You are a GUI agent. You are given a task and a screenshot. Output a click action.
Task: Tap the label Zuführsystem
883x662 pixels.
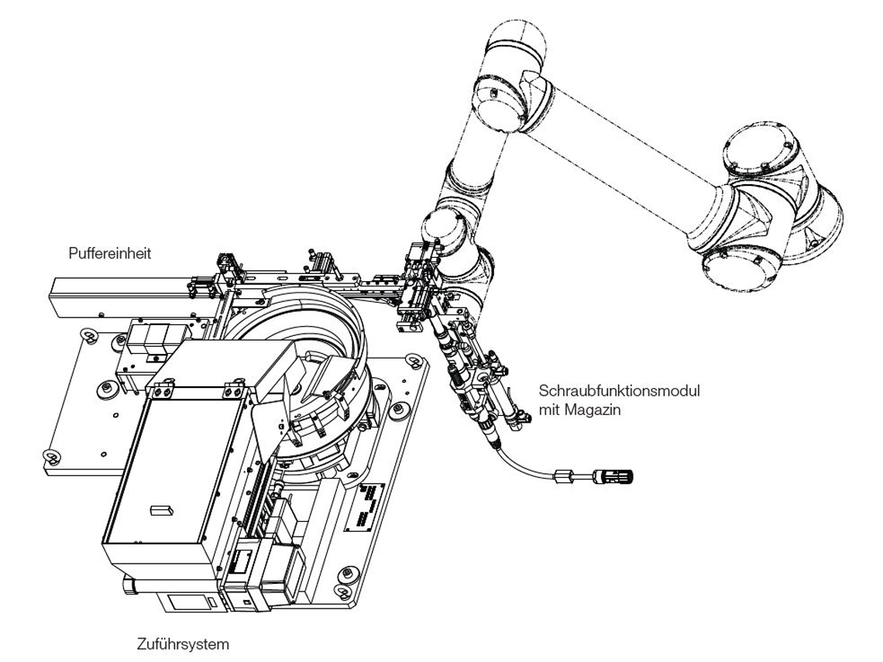pyautogui.click(x=182, y=643)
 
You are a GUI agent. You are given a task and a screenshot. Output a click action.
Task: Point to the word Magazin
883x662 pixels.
pyautogui.click(x=593, y=408)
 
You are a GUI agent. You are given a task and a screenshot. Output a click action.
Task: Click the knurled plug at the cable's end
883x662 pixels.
pyautogui.click(x=613, y=474)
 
